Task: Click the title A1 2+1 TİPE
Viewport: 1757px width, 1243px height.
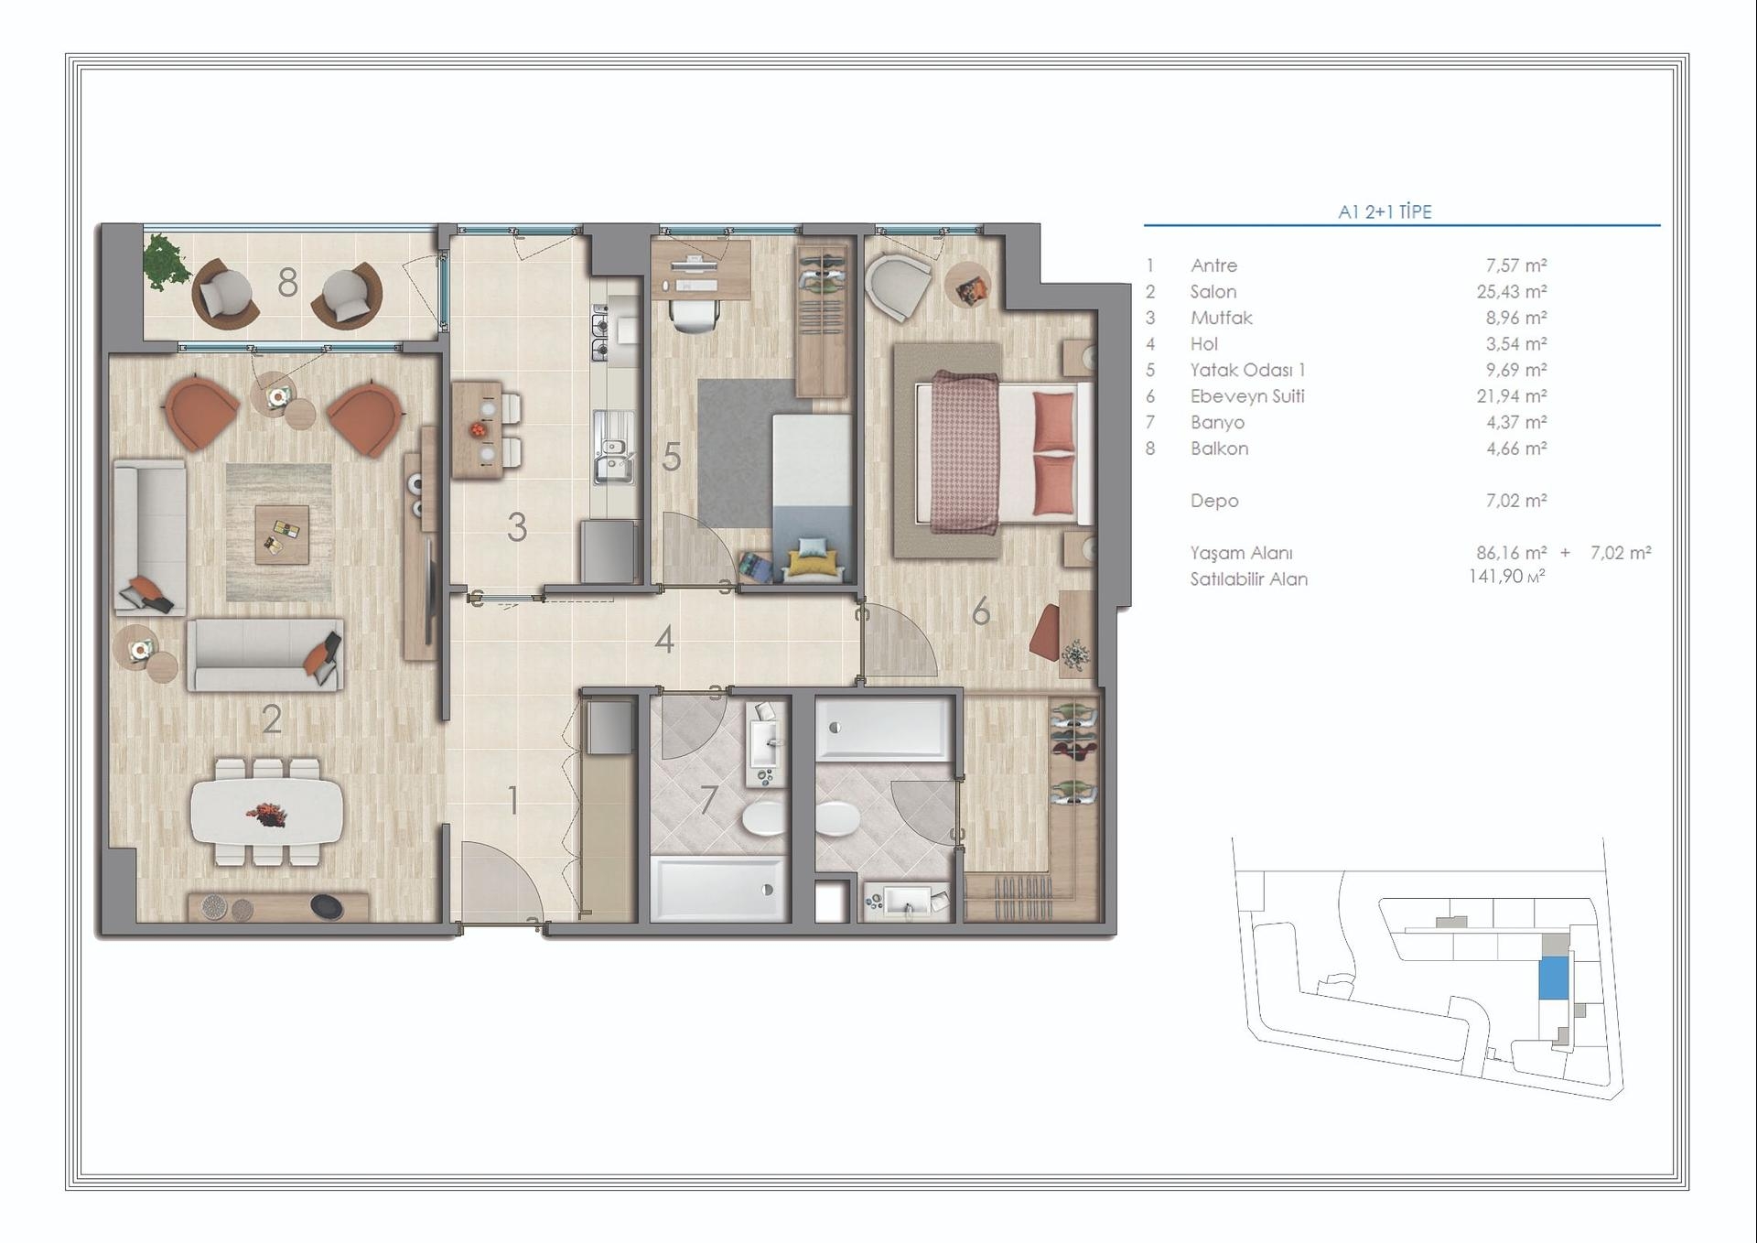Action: pos(1384,211)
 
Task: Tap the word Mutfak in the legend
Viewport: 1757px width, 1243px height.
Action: pos(1221,318)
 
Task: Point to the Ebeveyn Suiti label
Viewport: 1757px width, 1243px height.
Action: pos(1246,396)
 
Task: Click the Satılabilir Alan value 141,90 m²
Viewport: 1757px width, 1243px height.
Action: pos(1506,577)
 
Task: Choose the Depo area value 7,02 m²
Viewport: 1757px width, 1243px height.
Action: pos(1515,501)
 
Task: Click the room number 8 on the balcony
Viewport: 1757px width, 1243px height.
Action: pos(287,283)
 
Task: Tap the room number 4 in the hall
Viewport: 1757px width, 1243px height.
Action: pos(664,640)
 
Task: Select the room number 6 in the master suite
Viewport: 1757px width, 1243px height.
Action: pos(980,611)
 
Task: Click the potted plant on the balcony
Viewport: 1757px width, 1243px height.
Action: pos(166,261)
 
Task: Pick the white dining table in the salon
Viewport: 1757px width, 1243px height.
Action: pos(267,811)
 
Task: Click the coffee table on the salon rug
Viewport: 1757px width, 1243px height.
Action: pos(281,534)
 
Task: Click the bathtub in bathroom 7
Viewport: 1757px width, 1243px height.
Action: pos(717,888)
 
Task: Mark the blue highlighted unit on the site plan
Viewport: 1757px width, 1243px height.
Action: pos(1553,978)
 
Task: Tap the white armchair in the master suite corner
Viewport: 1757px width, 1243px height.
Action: pos(895,286)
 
